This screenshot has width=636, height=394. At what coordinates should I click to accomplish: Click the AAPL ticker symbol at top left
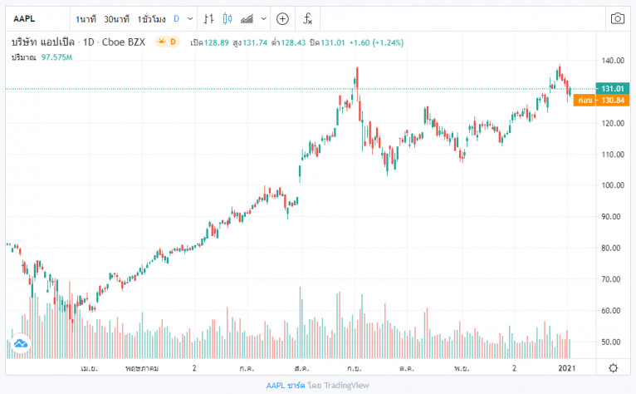(x=24, y=17)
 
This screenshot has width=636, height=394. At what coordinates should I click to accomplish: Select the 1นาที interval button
(x=86, y=17)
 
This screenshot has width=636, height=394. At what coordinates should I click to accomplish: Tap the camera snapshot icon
(x=617, y=17)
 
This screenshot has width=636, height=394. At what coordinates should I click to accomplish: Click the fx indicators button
(x=308, y=17)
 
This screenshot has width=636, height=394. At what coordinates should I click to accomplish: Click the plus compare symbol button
(x=282, y=17)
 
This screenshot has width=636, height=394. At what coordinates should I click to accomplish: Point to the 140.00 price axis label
(x=613, y=61)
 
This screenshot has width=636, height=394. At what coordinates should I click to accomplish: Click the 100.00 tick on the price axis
(x=613, y=185)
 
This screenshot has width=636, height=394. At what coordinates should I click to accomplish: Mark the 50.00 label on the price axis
(x=613, y=342)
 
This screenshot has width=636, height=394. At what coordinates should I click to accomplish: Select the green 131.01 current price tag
(x=612, y=88)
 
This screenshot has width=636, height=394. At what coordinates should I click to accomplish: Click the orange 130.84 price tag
(x=612, y=100)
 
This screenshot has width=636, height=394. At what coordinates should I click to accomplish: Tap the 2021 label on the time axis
(x=567, y=367)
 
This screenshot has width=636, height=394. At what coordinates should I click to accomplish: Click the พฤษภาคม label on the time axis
(x=143, y=367)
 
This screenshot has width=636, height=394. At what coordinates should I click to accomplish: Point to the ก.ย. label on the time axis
(x=355, y=367)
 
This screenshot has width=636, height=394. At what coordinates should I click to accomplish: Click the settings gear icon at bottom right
(x=613, y=367)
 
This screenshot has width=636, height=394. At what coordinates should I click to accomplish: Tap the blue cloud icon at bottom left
(x=21, y=342)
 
